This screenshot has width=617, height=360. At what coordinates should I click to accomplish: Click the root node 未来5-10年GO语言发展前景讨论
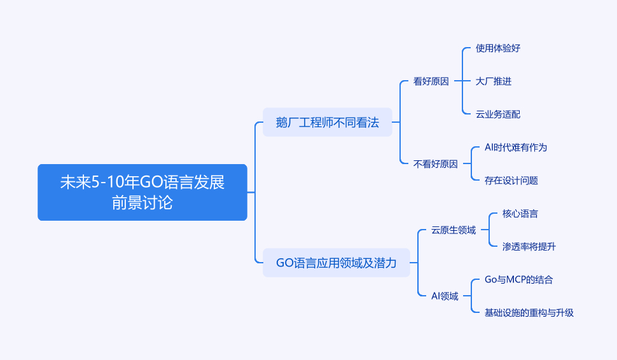click(142, 192)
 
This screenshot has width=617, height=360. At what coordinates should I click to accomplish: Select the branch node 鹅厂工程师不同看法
click(328, 122)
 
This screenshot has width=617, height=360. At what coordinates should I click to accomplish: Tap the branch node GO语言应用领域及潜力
click(336, 263)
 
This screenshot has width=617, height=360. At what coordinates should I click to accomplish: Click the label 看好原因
click(431, 81)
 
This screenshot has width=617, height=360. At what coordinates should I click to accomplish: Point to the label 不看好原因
click(436, 164)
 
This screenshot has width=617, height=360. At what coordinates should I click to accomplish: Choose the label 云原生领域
click(454, 230)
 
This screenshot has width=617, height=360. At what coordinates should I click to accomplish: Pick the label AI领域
click(445, 296)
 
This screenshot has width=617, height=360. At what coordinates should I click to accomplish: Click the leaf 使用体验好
click(498, 48)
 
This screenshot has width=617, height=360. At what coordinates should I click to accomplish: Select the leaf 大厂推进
click(494, 81)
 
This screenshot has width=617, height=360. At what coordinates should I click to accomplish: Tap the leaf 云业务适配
click(498, 114)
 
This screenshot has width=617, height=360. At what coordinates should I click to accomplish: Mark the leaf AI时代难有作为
click(516, 148)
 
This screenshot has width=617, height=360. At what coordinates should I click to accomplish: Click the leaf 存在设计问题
click(511, 181)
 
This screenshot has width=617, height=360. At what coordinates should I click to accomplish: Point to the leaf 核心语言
click(520, 214)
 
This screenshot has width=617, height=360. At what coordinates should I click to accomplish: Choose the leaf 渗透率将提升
click(529, 247)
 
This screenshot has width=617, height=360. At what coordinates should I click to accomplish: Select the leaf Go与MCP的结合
click(518, 280)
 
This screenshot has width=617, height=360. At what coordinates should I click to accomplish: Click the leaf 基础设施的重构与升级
click(529, 313)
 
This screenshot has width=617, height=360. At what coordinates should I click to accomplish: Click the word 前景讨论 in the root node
click(142, 203)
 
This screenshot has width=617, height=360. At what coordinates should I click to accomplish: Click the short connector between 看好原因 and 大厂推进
click(463, 81)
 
